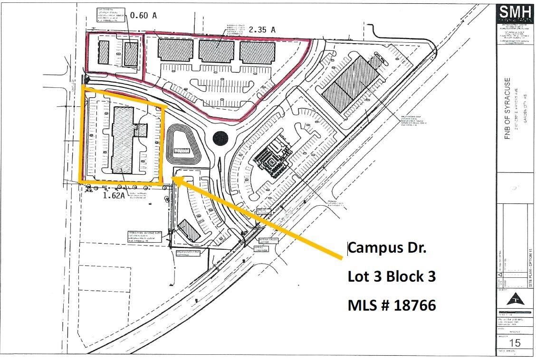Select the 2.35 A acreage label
click(x=261, y=29)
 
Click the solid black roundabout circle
click(x=220, y=139)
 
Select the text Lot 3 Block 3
click(x=392, y=276)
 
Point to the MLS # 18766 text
click(x=392, y=305)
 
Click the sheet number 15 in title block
click(x=515, y=343)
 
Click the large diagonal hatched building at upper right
click(x=351, y=84)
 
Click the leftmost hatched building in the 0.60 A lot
click(x=104, y=53)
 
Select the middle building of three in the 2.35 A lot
click(x=216, y=50)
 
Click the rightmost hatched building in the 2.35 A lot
click(x=257, y=51)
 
